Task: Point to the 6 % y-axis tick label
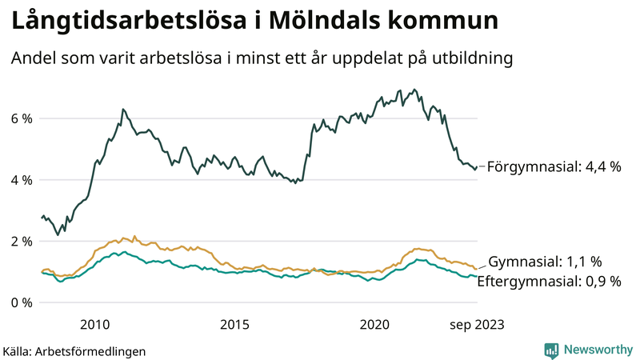coord(22,118)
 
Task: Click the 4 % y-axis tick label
coord(22,180)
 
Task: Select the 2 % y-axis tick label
coord(22,241)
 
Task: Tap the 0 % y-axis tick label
coord(22,302)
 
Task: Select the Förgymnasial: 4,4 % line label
coord(554,166)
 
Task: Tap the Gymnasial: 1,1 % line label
coord(545,262)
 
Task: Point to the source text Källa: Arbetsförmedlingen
coord(74,350)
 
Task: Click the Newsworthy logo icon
coord(551,350)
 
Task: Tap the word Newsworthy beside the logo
coord(597,350)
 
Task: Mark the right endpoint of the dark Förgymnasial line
coord(477,167)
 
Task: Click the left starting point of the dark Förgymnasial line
coord(42,217)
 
